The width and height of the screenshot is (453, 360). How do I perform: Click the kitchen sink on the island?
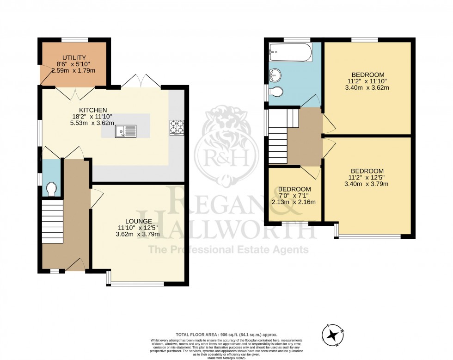point(126,131)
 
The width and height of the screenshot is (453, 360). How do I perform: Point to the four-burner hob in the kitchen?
point(177,128)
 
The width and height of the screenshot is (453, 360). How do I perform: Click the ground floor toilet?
point(51,188)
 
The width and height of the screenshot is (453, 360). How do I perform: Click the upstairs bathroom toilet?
point(276,92)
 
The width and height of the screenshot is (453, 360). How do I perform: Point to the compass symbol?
point(333,335)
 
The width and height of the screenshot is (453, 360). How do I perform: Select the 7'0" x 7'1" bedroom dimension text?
point(294,196)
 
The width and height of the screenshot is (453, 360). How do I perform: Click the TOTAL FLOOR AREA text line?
point(226,334)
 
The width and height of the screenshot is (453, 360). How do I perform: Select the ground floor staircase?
point(52,222)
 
